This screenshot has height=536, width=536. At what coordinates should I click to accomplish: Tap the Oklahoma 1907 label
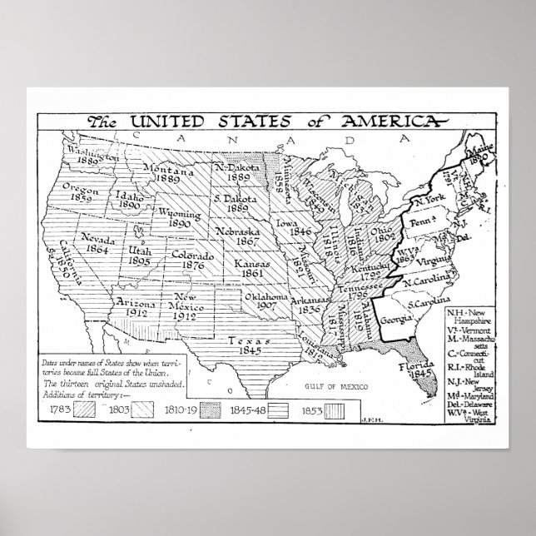pyautogui.click(x=267, y=302)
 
